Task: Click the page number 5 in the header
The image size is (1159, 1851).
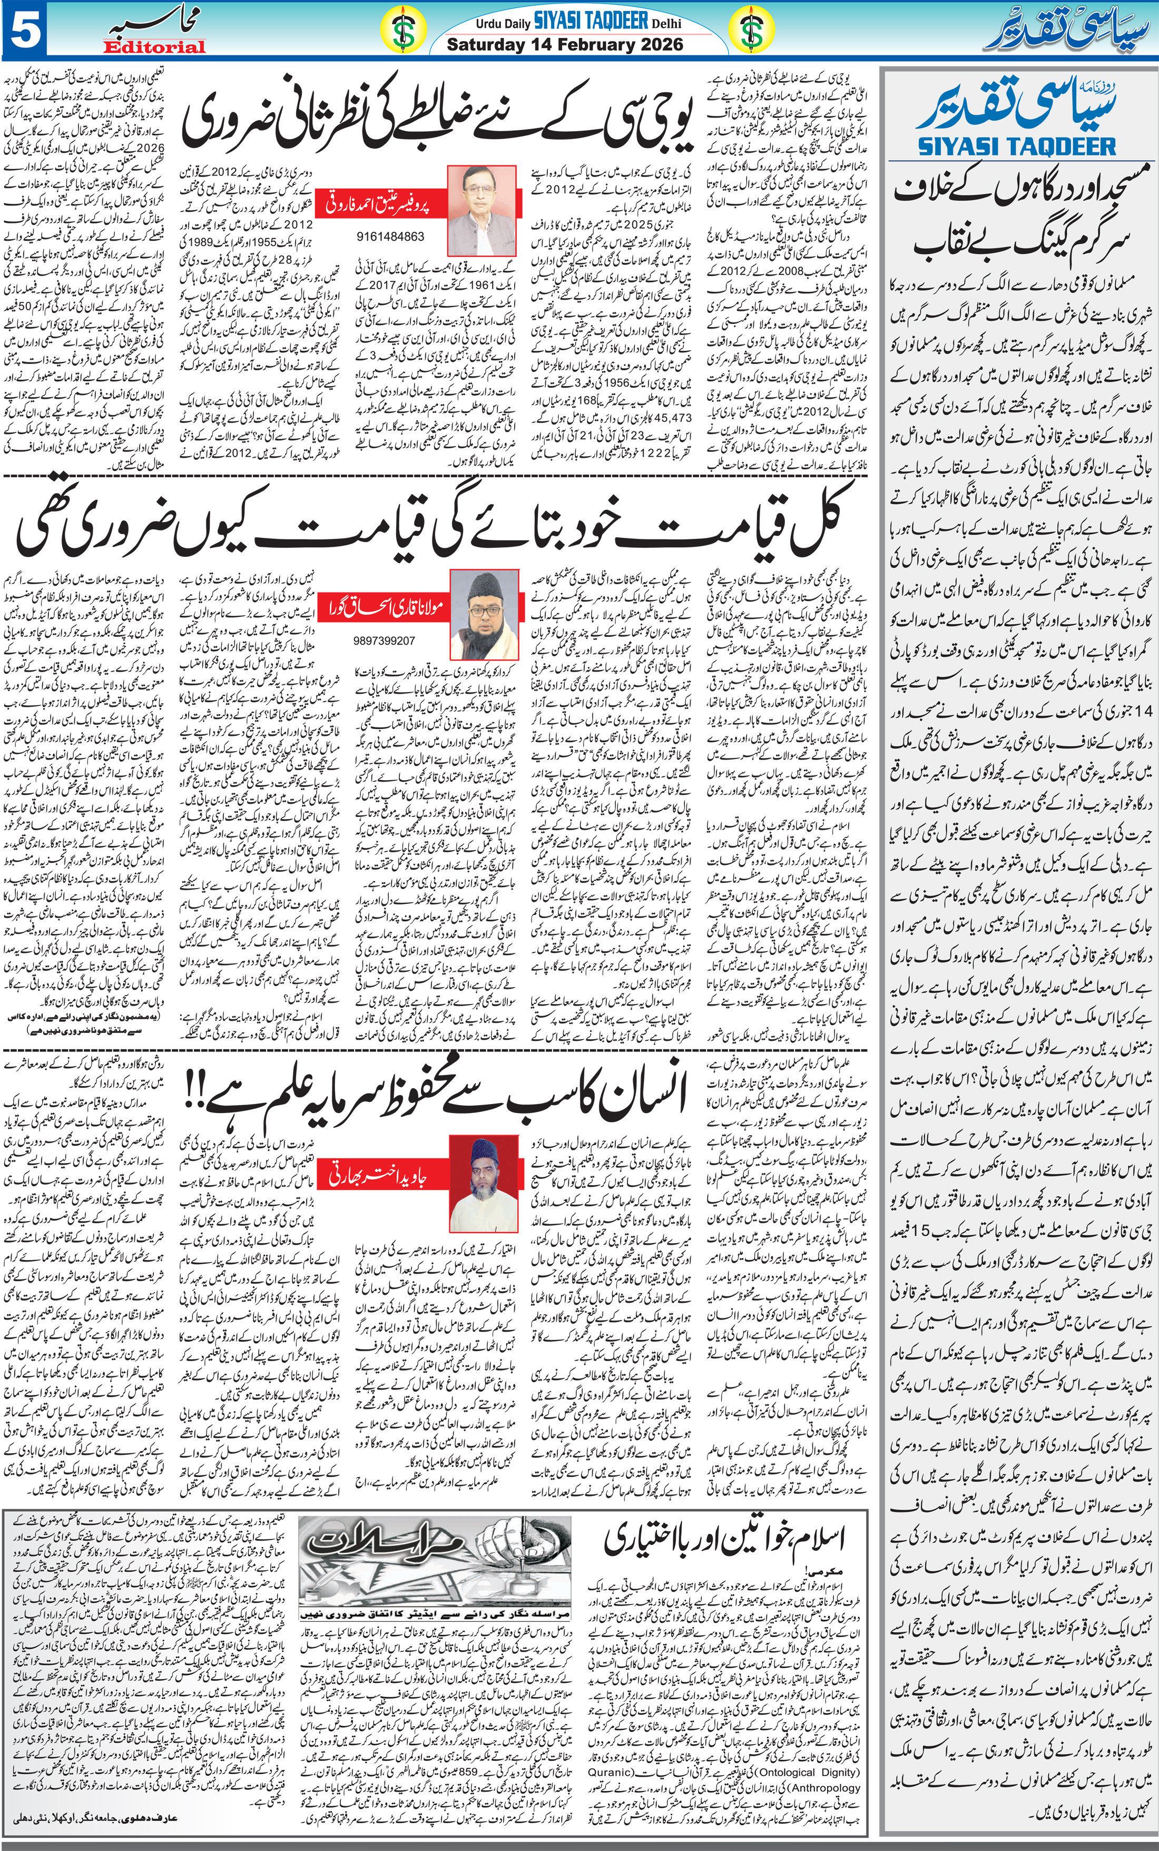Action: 25,30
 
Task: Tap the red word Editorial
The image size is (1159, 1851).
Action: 155,47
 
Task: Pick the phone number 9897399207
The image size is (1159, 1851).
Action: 384,640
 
